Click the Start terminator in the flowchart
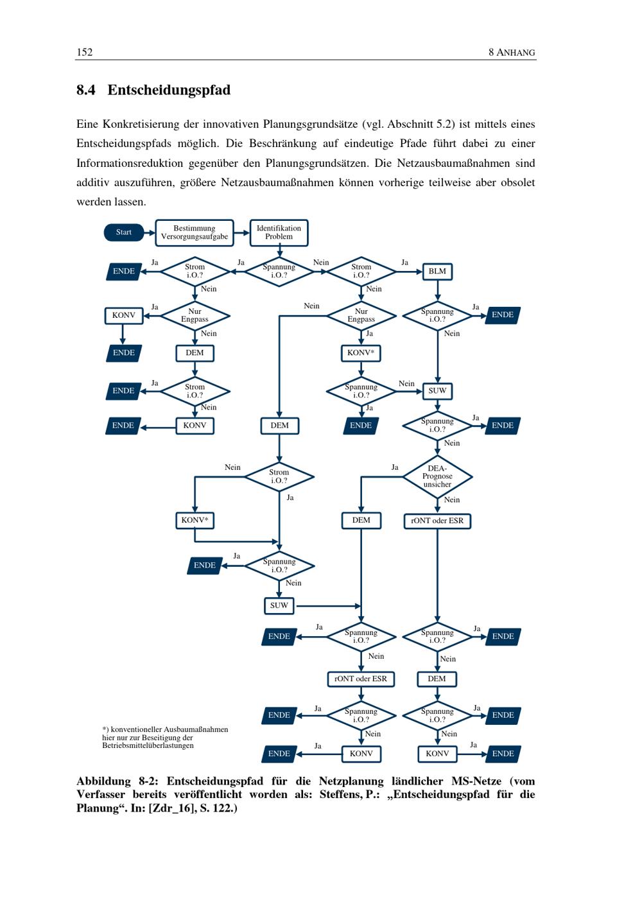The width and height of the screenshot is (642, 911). coord(124,232)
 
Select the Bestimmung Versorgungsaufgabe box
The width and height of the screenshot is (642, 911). coord(195,232)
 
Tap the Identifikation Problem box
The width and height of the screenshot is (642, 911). coord(279,232)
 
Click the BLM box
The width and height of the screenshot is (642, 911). coord(437,272)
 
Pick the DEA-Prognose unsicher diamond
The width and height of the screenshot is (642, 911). coord(437,476)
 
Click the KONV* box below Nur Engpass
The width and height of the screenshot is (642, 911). coord(361,353)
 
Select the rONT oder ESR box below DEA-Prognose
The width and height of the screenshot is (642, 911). coord(437,521)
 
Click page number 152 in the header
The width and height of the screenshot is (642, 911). coord(85,52)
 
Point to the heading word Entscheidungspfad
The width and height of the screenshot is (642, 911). coord(169,90)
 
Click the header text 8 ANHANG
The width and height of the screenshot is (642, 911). coord(512,52)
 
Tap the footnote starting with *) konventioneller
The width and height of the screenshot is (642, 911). coord(165,738)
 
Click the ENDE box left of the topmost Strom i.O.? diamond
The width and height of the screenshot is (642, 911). coord(124,272)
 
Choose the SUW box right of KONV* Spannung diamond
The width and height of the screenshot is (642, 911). coord(437,391)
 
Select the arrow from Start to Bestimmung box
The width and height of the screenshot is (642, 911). coord(150,232)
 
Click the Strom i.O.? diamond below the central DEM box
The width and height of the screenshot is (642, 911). coord(279,476)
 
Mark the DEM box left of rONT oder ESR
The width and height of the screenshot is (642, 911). coord(361,521)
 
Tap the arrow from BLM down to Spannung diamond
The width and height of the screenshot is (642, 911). coord(437,291)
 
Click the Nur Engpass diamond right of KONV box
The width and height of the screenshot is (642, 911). coord(195,316)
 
